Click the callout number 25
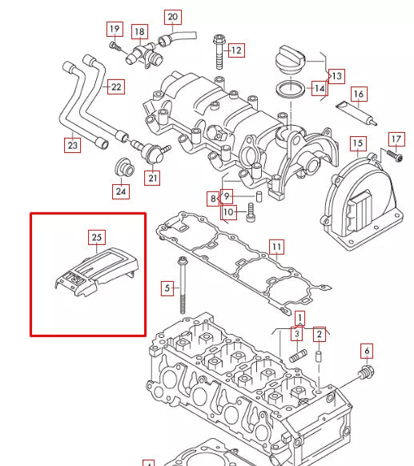pyautogui.click(x=97, y=237)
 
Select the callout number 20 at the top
pyautogui.click(x=173, y=17)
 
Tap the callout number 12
pyautogui.click(x=235, y=50)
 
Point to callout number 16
pyautogui.click(x=359, y=94)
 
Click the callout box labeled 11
pyautogui.click(x=275, y=246)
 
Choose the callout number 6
pyautogui.click(x=367, y=350)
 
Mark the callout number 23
pyautogui.click(x=73, y=145)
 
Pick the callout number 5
pyautogui.click(x=167, y=287)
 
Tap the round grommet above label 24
pyautogui.click(x=123, y=167)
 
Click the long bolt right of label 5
pyautogui.click(x=183, y=284)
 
